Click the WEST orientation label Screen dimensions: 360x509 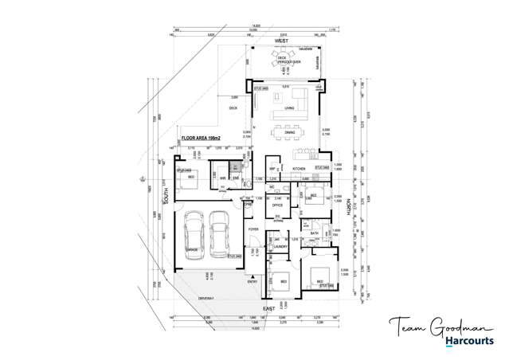click(280, 41)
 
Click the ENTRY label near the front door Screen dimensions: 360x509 click(253, 281)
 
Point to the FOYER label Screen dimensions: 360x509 click(253, 229)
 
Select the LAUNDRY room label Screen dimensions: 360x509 click(279, 247)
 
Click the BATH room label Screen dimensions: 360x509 click(315, 233)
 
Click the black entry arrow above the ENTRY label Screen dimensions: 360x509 click(253, 272)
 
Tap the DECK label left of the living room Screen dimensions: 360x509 click(233, 108)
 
